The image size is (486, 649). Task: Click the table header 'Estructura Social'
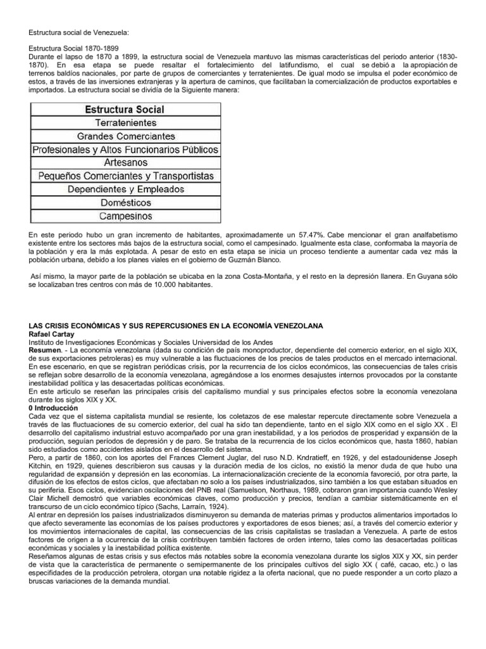[x=125, y=109]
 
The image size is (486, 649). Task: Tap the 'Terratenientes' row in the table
[x=125, y=122]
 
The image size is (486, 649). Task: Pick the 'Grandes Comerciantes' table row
[x=125, y=136]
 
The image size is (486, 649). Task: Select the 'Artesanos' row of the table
[x=125, y=162]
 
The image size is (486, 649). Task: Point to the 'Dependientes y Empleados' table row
[x=125, y=189]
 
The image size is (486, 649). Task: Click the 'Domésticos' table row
[x=125, y=202]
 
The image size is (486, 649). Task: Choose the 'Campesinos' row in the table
[x=125, y=215]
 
